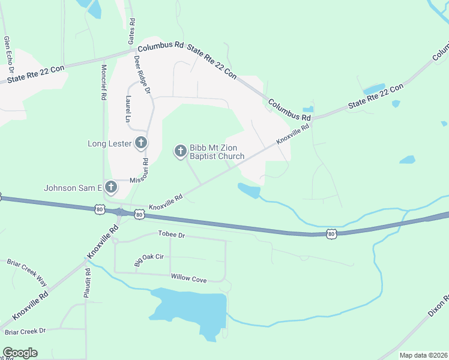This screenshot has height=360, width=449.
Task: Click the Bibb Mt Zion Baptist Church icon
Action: coord(180,151)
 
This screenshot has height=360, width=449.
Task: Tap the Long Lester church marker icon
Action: coord(141,143)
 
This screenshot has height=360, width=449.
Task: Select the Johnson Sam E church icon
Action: coord(111,188)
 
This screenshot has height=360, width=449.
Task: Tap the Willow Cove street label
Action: coord(188,278)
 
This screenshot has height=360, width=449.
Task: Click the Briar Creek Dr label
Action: coord(25,331)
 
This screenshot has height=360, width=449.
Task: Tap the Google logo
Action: coord(20,353)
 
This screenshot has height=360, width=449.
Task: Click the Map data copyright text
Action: coord(423,355)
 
